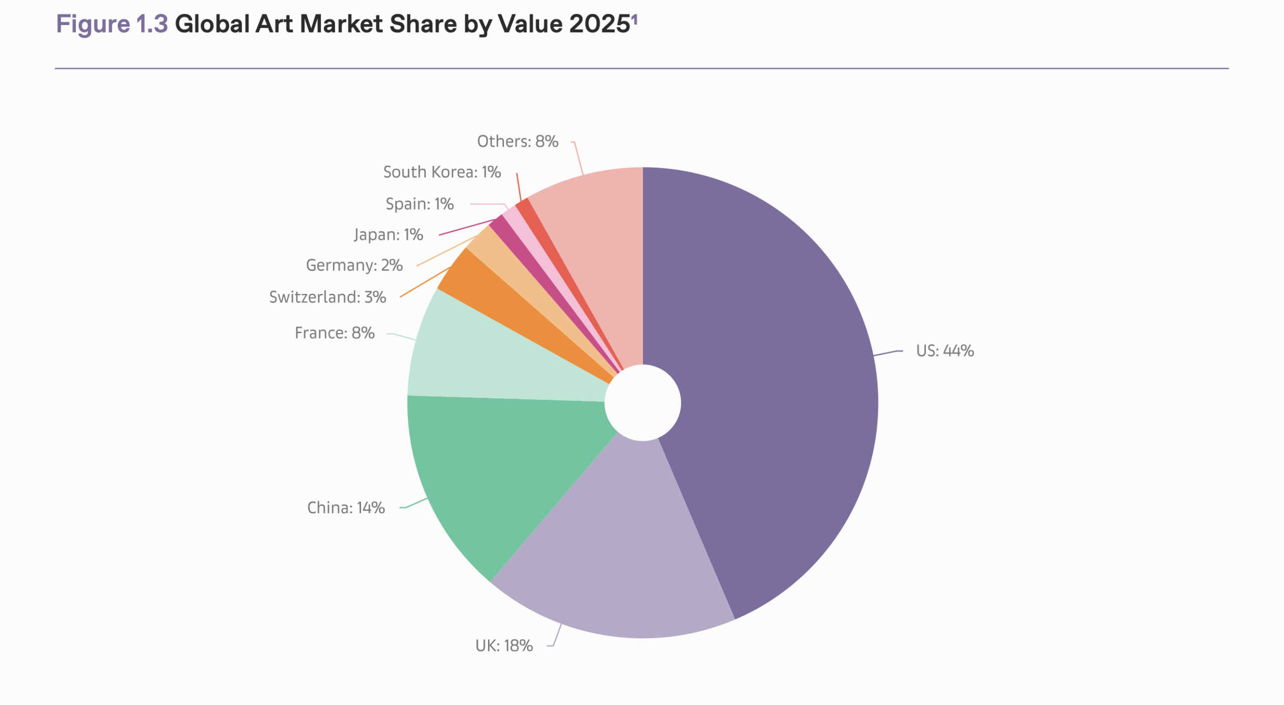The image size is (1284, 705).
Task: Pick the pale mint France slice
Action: [481, 361]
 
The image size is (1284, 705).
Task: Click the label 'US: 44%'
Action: [944, 351]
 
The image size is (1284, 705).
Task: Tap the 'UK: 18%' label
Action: [504, 646]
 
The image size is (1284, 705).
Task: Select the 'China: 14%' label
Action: [346, 508]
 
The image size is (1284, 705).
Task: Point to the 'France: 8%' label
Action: [335, 333]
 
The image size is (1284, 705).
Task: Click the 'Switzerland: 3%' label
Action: [328, 297]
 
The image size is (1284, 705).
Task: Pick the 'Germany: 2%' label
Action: [354, 265]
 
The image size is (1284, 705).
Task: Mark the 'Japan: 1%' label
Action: [388, 234]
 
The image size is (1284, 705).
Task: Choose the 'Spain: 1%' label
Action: [419, 204]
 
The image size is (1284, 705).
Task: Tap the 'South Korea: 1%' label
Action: [442, 172]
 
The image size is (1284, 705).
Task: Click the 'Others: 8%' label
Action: [518, 142]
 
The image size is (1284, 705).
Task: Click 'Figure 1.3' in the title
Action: [112, 24]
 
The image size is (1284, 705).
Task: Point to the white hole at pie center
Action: [643, 402]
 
